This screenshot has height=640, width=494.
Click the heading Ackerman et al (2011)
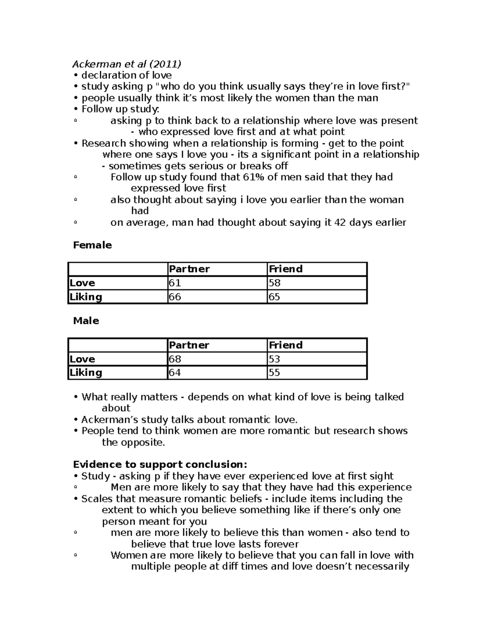pos(126,64)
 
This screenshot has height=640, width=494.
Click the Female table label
pos(92,245)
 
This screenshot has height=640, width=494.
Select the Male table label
pos(86,321)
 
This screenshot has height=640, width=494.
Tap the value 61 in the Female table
pos(175,283)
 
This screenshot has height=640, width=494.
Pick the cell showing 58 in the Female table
pos(275,283)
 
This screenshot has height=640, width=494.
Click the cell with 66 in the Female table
pos(175,297)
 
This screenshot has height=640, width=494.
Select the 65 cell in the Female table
pos(275,297)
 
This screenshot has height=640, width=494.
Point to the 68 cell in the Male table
pos(175,359)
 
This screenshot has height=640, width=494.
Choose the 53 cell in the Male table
pos(275,359)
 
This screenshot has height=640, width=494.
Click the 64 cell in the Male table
pos(175,373)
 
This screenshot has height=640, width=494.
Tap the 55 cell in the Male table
pos(275,373)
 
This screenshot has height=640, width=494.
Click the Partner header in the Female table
pos(189,269)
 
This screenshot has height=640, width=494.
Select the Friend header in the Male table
pos(286,345)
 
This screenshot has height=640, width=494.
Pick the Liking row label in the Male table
pos(86,373)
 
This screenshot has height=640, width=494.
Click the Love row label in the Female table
pos(82,283)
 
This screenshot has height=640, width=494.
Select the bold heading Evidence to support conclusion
pos(160,465)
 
